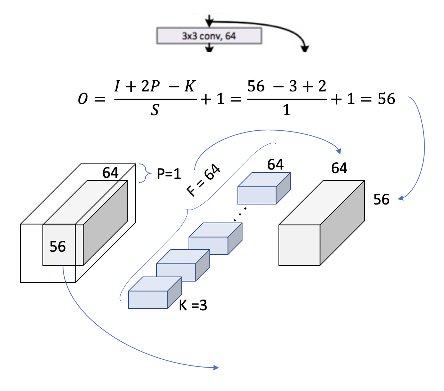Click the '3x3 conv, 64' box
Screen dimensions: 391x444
click(209, 36)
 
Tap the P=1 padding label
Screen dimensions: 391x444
click(169, 174)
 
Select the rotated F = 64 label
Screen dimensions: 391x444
click(203, 180)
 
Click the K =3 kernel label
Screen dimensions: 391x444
click(193, 305)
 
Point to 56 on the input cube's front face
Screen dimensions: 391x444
click(58, 247)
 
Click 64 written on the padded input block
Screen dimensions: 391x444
click(110, 173)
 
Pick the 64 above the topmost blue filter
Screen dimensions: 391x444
click(275, 165)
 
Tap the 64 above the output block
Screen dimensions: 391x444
click(339, 168)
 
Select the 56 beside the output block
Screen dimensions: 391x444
click(381, 199)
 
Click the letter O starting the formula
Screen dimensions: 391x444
click(83, 99)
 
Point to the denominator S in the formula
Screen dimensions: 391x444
click(155, 110)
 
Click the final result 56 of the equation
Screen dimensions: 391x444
click(386, 99)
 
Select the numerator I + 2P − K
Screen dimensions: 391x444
click(155, 86)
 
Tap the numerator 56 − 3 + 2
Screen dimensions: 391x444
click(287, 86)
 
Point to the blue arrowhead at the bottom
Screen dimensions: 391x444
click(216, 368)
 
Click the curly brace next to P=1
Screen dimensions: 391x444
click(144, 173)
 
